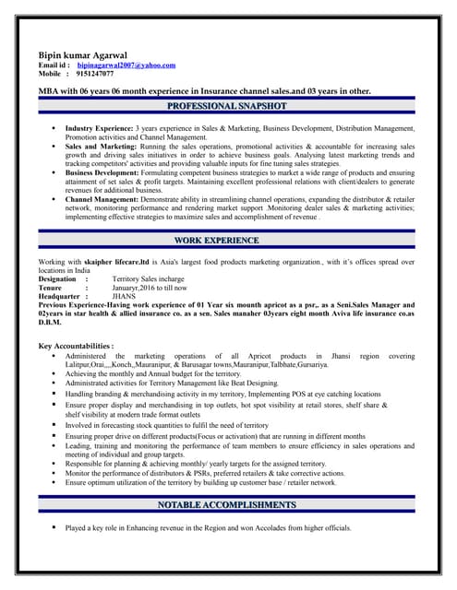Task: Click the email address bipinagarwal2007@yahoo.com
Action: pyautogui.click(x=126, y=65)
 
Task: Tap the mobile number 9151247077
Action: pyautogui.click(x=95, y=74)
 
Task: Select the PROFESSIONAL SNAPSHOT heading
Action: pyautogui.click(x=227, y=107)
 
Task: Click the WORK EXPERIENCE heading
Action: pyautogui.click(x=227, y=241)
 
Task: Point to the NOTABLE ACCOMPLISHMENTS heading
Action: pyautogui.click(x=227, y=505)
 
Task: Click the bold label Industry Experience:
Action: pyautogui.click(x=99, y=127)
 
